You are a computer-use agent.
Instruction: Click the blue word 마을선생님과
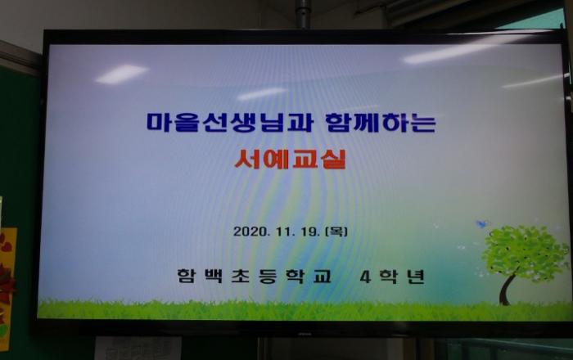[230, 122]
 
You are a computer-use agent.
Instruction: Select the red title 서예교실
[290, 160]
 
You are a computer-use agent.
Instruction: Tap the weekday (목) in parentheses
[336, 231]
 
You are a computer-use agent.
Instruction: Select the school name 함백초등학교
[255, 276]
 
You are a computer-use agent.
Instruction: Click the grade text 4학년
[392, 277]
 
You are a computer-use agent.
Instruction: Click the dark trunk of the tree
[508, 290]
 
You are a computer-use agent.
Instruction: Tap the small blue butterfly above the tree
[482, 224]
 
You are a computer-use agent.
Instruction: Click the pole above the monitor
[302, 14]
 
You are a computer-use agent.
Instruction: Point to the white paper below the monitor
[138, 348]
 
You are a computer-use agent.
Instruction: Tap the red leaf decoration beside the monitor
[7, 281]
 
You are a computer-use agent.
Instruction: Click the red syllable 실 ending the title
[334, 160]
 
